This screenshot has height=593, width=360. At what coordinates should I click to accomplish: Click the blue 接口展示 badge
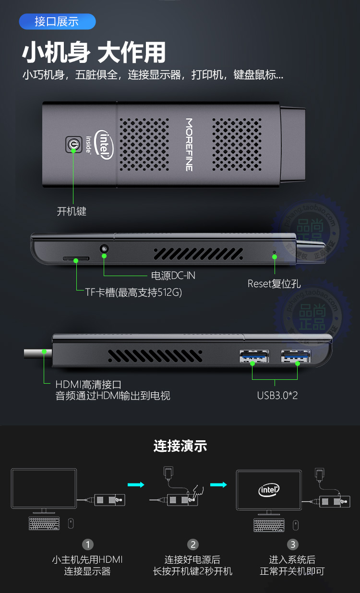tap(57, 22)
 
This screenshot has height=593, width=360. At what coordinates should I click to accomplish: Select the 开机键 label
tap(72, 211)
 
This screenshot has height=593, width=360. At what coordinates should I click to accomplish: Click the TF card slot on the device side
tap(76, 259)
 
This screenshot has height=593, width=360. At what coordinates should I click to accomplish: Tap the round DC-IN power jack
tap(104, 249)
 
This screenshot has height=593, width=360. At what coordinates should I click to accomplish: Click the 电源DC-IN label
tap(173, 276)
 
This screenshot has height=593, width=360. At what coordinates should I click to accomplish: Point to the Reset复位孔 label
tap(274, 284)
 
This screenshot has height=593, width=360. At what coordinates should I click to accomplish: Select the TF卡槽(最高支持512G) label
tap(133, 292)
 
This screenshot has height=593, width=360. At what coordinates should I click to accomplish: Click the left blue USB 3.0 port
tap(254, 356)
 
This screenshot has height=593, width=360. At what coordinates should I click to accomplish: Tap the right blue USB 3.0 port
tap(296, 356)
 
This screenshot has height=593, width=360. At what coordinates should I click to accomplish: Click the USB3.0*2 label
tap(277, 396)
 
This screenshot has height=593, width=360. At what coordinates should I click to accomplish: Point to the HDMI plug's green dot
tap(44, 351)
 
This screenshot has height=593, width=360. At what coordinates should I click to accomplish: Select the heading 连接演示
tap(180, 446)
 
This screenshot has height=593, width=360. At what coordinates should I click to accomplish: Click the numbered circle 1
tap(87, 545)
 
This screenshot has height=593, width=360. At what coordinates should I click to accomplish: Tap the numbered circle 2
tap(193, 545)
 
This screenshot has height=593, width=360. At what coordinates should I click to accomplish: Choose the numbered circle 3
tap(293, 545)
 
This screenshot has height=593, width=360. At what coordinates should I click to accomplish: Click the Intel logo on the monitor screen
tap(269, 490)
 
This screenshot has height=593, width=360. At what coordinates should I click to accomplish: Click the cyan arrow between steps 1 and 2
tap(136, 485)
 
